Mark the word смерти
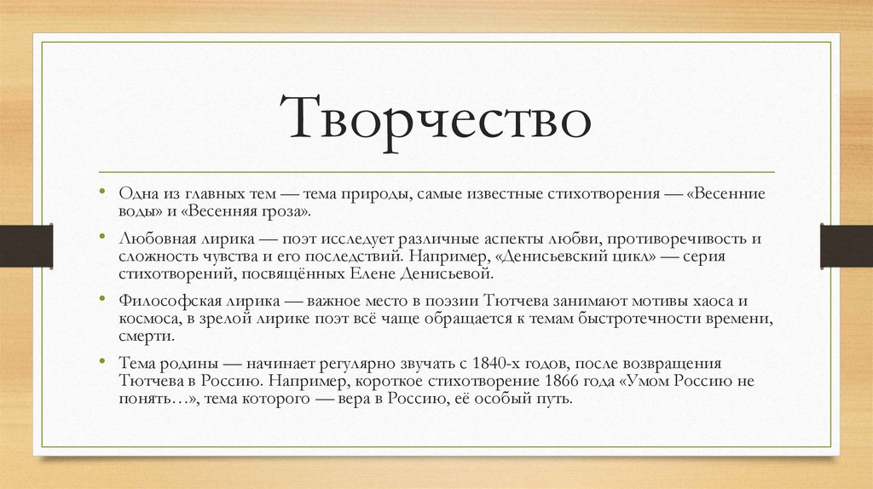tap(142, 337)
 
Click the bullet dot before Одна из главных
tap(103, 193)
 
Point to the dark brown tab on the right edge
tap(846, 245)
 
